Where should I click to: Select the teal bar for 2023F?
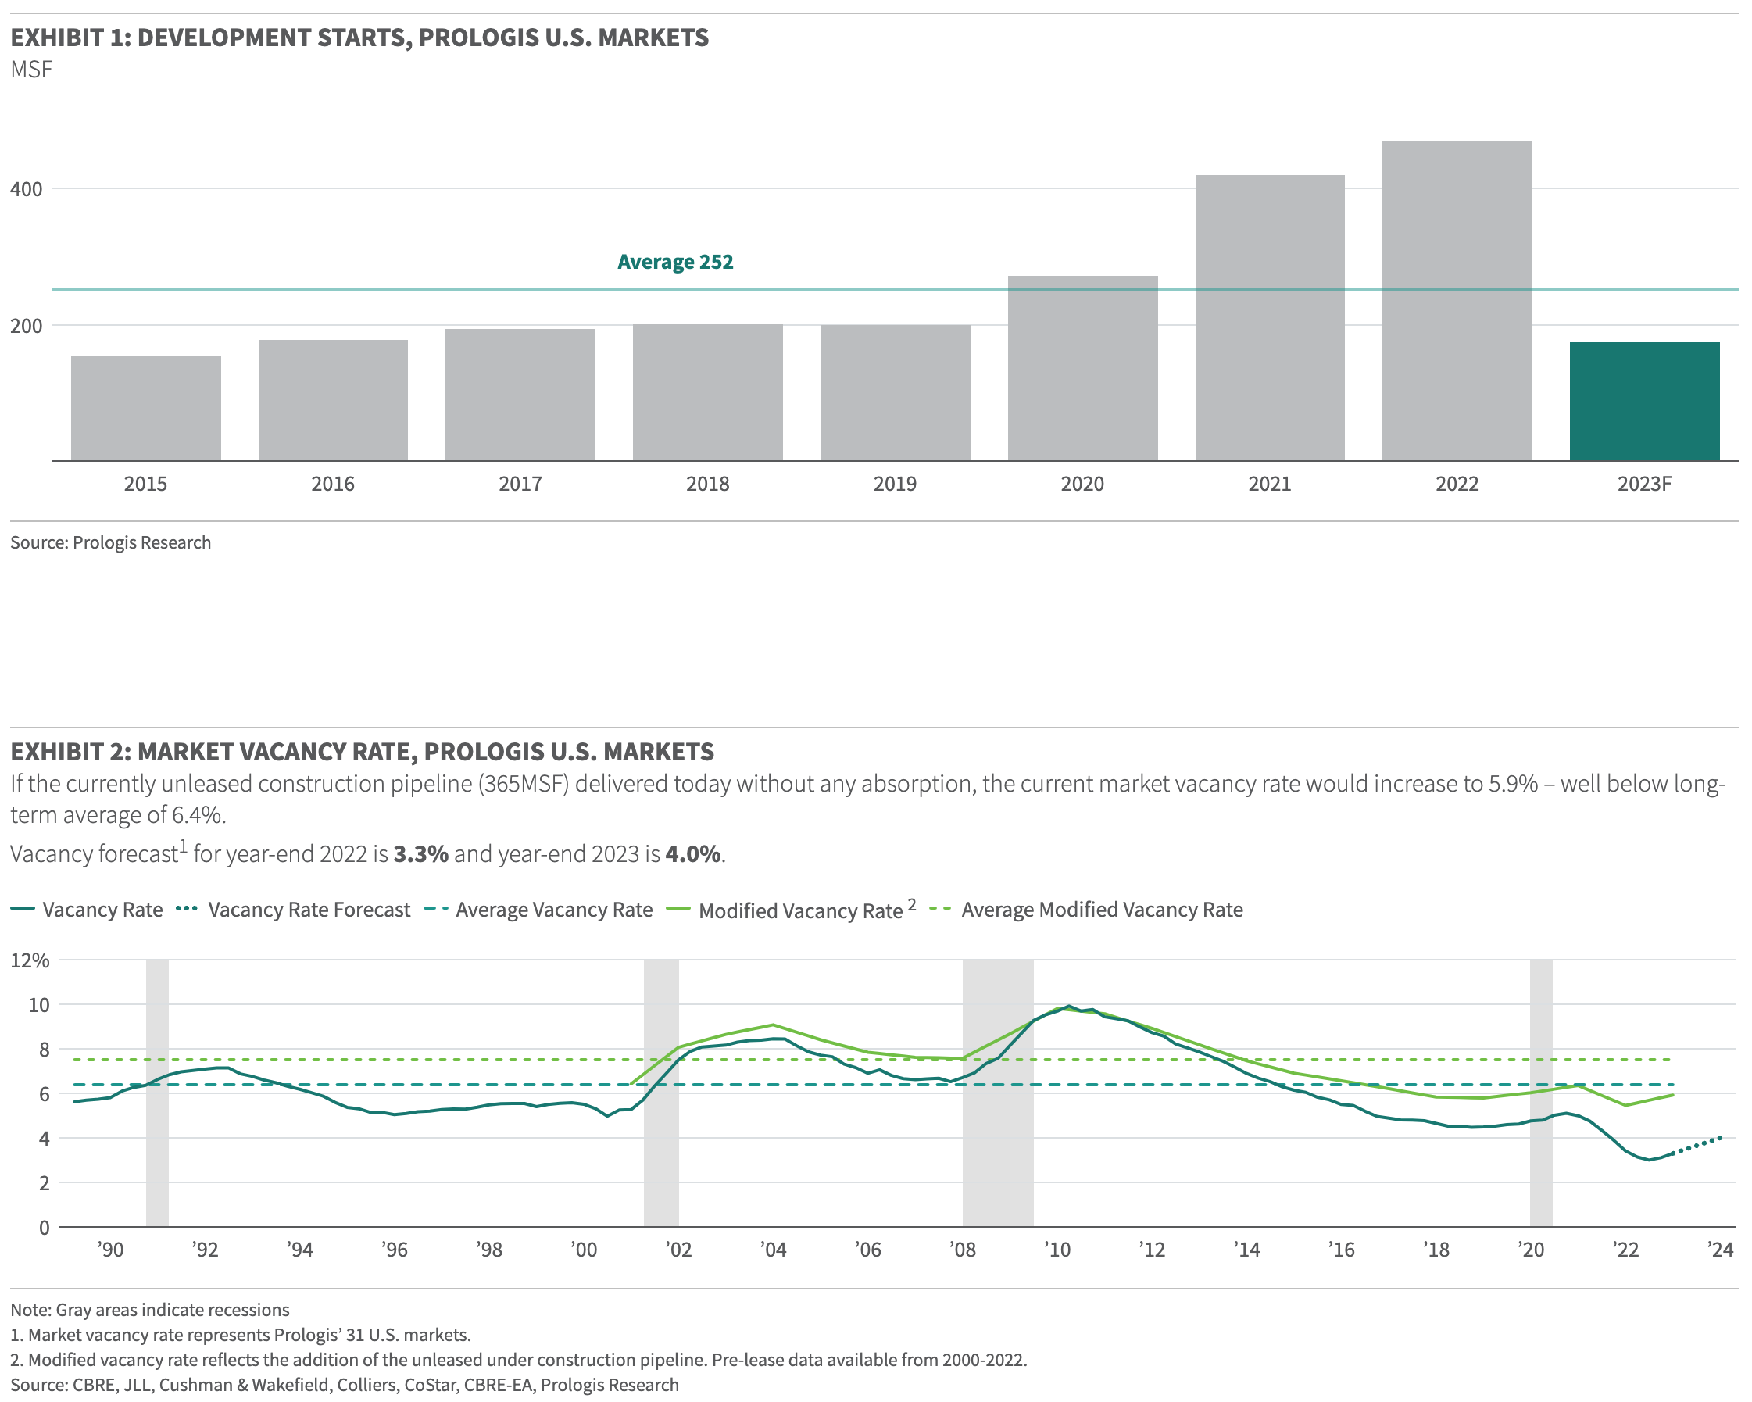pos(1643,401)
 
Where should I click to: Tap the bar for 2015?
pos(145,408)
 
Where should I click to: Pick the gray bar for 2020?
pos(1082,368)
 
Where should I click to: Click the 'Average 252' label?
pos(674,262)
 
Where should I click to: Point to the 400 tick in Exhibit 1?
pos(26,189)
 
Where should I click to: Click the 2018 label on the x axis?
pos(707,485)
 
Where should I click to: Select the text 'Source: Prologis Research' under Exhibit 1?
pos(110,542)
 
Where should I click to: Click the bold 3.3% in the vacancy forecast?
pos(420,854)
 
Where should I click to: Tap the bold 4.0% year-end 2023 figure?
pos(692,854)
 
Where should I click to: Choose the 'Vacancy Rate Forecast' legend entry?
pos(308,910)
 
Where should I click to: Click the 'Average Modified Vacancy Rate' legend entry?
pos(1101,910)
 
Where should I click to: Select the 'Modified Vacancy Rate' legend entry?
pos(799,911)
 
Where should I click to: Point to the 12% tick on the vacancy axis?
pos(30,960)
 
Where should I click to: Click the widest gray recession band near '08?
pos(997,1138)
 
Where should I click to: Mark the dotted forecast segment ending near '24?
pos(1698,1144)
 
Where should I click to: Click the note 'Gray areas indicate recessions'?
pos(149,1310)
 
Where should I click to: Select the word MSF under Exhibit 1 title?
pos(32,70)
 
